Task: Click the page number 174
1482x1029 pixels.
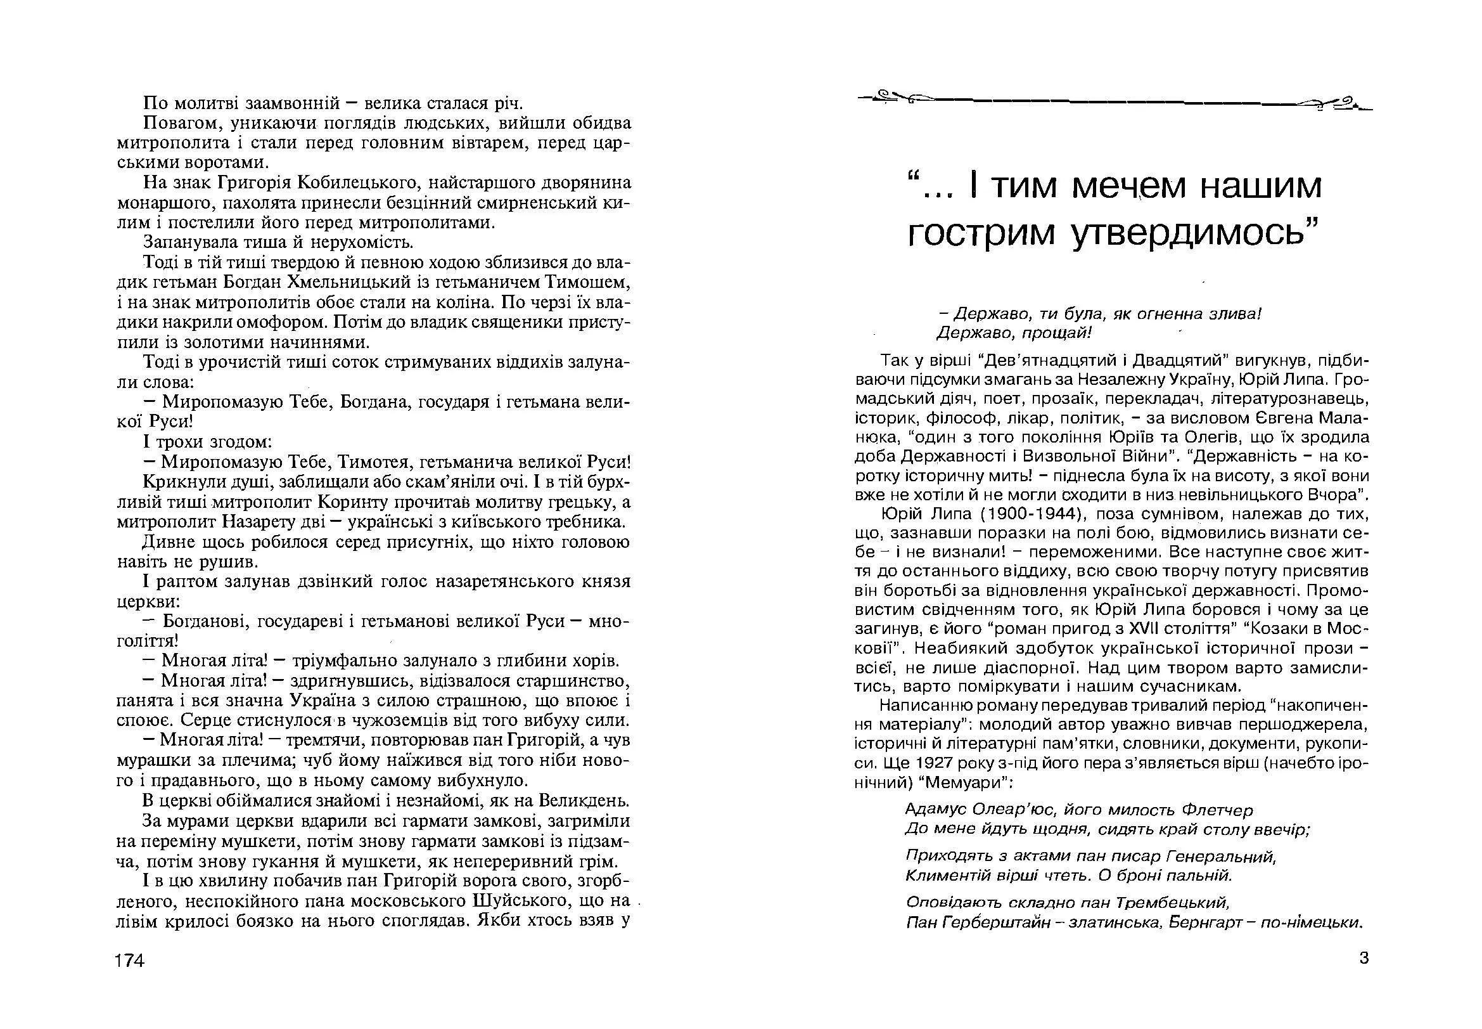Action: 129,961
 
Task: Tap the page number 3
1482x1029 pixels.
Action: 1364,958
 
